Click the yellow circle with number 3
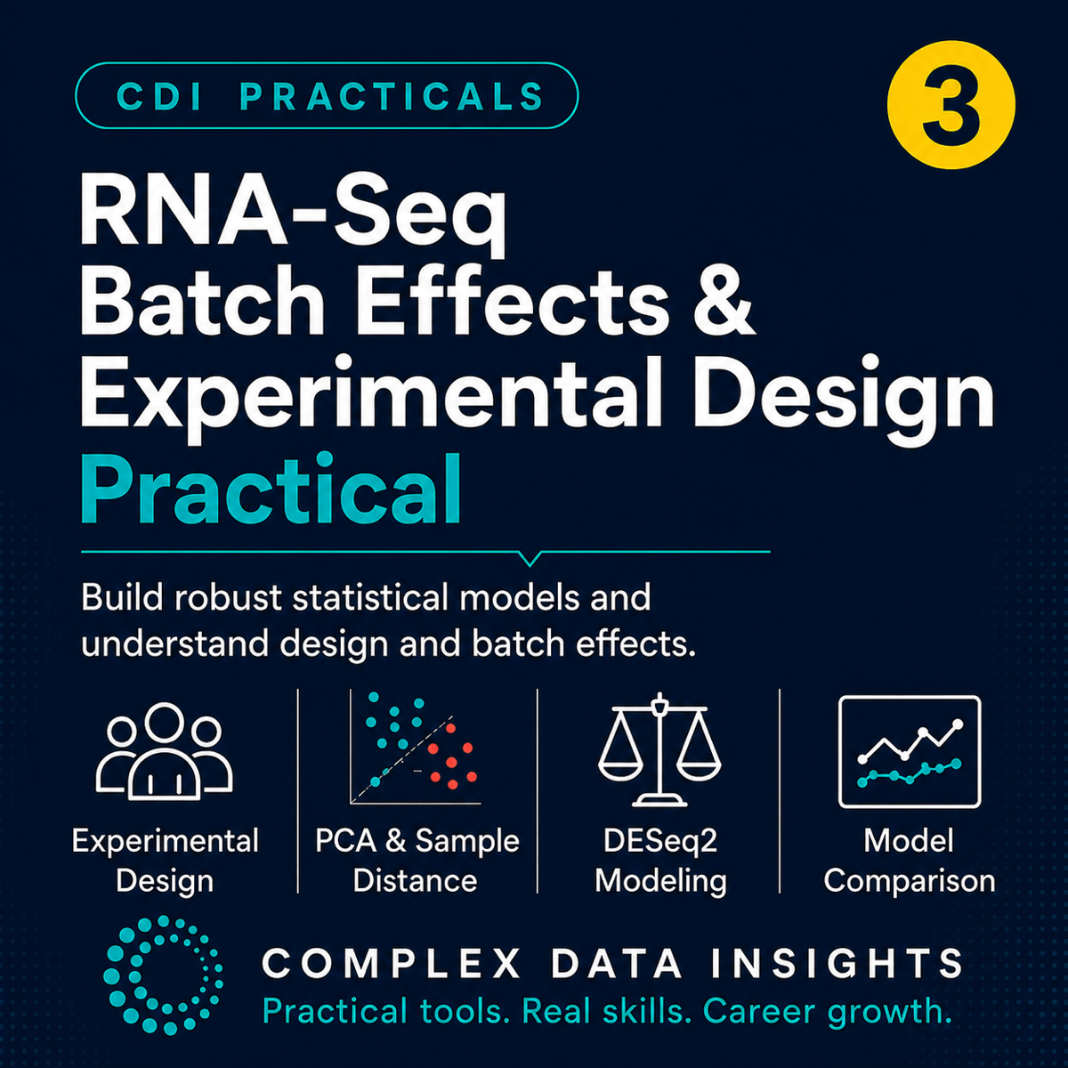[x=951, y=105]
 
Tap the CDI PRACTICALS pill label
[x=327, y=96]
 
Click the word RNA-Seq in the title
[x=293, y=216]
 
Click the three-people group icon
[x=164, y=751]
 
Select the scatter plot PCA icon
[x=416, y=747]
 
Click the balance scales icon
[x=659, y=749]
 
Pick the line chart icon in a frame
[x=910, y=752]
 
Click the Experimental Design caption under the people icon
[x=166, y=861]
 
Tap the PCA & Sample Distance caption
[x=417, y=861]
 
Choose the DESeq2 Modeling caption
[x=660, y=861]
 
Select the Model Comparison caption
[x=909, y=861]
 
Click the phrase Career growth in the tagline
[x=828, y=1011]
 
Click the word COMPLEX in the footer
[x=392, y=963]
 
